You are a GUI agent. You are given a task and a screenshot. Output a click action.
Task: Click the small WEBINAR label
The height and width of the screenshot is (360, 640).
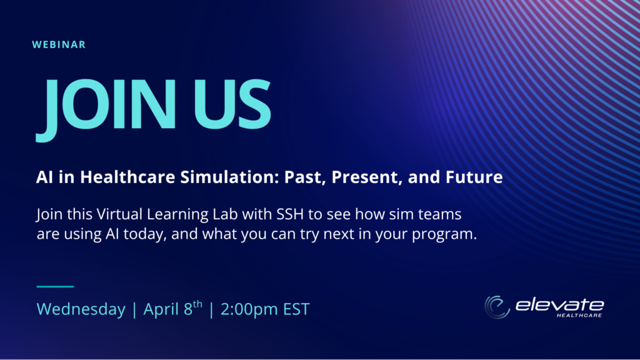pos(59,44)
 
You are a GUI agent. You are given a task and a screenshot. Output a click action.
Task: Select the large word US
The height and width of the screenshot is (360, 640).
pos(232,104)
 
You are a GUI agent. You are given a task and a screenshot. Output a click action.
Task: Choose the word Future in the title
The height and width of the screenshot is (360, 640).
pos(474,177)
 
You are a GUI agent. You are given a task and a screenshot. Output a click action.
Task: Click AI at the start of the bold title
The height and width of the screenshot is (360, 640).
pos(44,177)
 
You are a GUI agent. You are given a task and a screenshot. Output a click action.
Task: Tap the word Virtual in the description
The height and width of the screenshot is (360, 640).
pos(119,214)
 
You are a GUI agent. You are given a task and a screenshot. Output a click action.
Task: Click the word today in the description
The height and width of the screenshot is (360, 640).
pos(145,234)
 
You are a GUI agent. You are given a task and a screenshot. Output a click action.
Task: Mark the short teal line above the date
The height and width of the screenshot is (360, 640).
pos(55,286)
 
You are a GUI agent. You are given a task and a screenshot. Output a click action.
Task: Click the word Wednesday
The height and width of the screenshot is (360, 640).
pos(81,309)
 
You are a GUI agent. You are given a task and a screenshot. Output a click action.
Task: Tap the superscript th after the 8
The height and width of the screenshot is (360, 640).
pos(197,304)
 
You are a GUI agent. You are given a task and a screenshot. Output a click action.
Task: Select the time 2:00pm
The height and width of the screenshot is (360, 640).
pos(249,309)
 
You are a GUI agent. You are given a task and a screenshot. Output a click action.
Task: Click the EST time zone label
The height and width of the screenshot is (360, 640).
pos(297,309)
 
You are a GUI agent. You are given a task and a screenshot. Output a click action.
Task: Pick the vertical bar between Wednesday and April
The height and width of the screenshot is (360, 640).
pos(134,309)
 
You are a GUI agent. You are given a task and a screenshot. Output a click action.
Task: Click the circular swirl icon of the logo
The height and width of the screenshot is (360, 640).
pos(497,307)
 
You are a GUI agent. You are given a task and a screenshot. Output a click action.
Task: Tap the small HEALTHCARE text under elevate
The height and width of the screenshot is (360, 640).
pos(579,316)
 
